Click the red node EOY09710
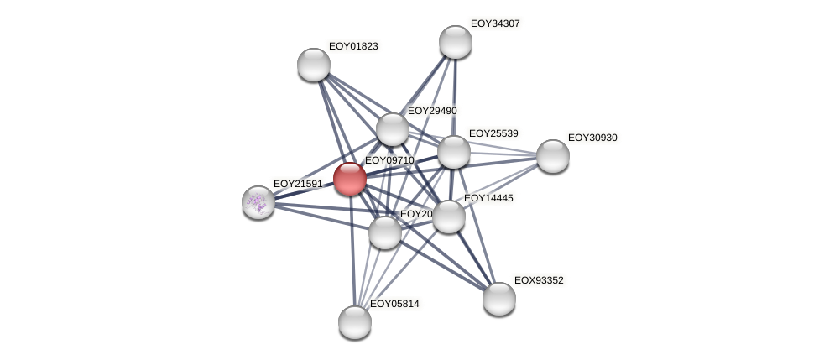tap(350, 179)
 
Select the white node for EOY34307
tap(456, 42)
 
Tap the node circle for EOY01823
tap(314, 65)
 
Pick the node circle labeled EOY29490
tap(392, 129)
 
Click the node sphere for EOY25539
tap(454, 152)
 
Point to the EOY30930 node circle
tap(553, 156)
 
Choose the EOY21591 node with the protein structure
tap(258, 202)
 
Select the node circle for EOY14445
tap(449, 217)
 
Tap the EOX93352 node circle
tap(499, 299)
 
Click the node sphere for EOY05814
tap(355, 322)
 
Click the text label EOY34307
tap(495, 23)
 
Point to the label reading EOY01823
tap(353, 46)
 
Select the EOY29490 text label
tap(432, 111)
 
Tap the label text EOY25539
tap(493, 133)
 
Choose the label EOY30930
tap(592, 138)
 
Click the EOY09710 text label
tap(389, 160)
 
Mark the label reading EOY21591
tap(298, 184)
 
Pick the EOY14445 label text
tap(488, 198)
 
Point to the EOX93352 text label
tap(539, 280)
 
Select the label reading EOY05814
tap(394, 304)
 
